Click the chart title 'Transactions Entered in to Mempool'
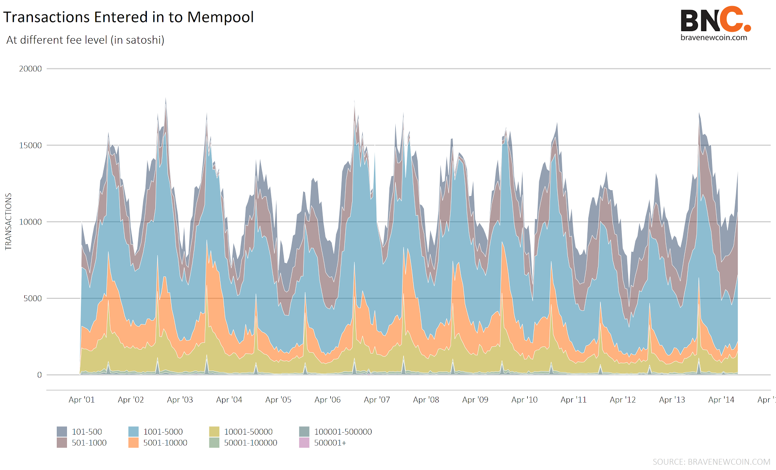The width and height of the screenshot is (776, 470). tap(129, 17)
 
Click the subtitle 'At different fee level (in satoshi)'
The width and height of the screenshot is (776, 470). tap(85, 40)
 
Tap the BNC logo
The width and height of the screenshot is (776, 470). tap(715, 20)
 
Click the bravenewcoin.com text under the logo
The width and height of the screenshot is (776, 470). tap(713, 38)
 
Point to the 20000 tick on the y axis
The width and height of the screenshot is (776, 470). tap(31, 69)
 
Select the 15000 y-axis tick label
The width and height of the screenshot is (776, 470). tap(31, 146)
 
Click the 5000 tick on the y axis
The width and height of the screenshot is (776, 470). tap(33, 298)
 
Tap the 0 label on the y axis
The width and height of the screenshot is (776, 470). tap(39, 375)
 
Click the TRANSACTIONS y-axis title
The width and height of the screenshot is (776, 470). tap(8, 222)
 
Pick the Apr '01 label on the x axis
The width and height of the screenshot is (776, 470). tap(81, 400)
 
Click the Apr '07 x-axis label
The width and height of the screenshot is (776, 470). tap(377, 400)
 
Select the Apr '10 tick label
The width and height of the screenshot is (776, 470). tap(524, 400)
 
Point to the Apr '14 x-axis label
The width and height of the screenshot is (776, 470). tap(721, 400)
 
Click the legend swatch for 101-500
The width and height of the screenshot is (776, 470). tap(62, 432)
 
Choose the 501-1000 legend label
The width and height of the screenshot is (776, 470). tap(89, 443)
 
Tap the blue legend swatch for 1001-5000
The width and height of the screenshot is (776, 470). tap(133, 432)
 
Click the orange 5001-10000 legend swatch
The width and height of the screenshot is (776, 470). tap(133, 443)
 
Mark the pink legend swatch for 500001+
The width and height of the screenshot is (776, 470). tap(304, 443)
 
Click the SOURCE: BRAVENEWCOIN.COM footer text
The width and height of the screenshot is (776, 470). tap(711, 462)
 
